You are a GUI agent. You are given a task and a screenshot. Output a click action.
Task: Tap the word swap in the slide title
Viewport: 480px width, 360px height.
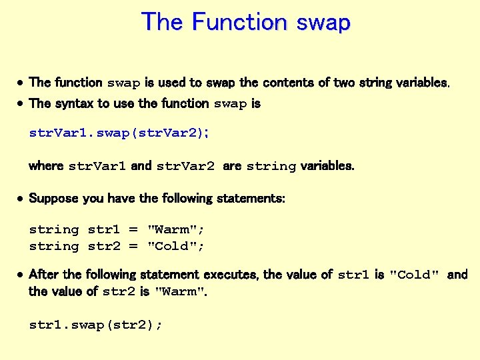(323, 23)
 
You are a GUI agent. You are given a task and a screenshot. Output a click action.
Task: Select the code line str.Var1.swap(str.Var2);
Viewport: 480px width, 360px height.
(119, 133)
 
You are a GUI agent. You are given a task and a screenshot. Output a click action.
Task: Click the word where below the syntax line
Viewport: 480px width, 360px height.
(46, 165)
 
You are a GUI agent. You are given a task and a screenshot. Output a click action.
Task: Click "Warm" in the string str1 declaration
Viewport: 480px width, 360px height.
(175, 229)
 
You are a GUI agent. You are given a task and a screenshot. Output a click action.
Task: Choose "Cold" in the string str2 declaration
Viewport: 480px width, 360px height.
(175, 246)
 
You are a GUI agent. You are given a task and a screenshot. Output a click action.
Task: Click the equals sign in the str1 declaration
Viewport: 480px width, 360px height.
(133, 229)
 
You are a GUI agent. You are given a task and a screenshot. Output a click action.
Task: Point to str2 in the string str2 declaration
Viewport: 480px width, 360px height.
(104, 246)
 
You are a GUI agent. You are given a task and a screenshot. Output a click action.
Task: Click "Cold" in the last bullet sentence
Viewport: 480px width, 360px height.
(414, 275)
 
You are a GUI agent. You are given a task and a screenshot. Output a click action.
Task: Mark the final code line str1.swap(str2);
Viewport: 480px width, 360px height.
(96, 325)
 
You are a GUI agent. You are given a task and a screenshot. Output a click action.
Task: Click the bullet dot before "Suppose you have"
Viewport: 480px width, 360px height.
(21, 199)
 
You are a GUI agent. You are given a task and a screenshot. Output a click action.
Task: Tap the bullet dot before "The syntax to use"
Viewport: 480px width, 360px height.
(21, 104)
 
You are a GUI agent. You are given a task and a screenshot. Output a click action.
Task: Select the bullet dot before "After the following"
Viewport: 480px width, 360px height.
(21, 275)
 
